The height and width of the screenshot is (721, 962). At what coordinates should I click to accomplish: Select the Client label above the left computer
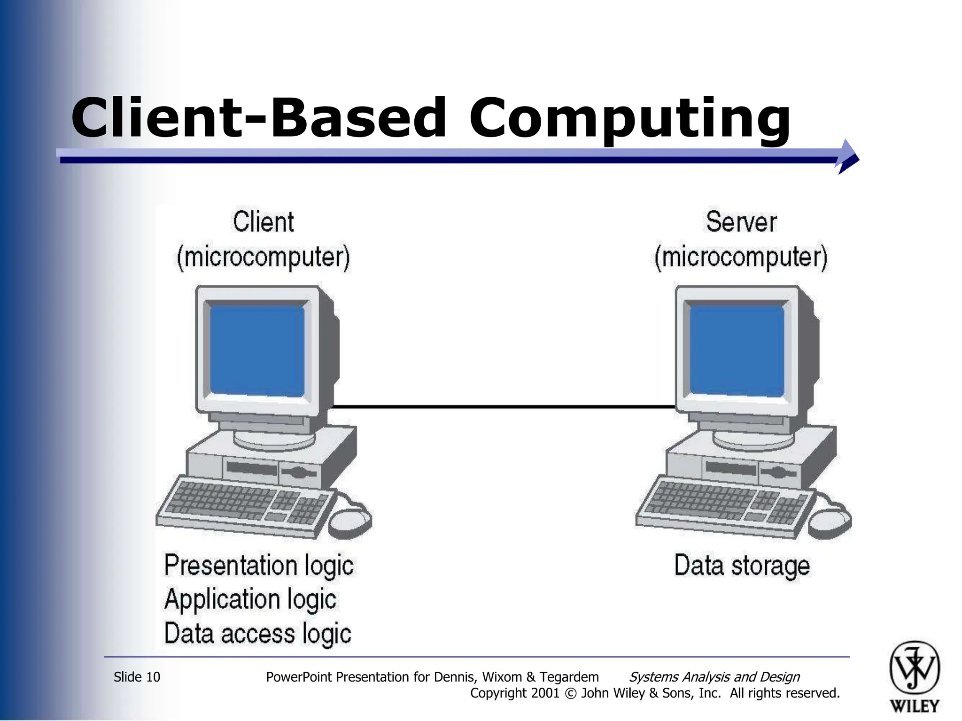point(264,222)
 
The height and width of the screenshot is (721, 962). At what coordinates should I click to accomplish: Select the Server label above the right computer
point(741,222)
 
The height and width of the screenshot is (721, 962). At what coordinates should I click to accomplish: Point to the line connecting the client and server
point(503,407)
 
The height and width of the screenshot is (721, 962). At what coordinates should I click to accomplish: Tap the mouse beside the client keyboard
point(349,521)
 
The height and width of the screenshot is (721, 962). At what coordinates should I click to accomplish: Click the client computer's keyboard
point(244,507)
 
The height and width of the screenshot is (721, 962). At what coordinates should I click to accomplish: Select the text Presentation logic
point(259,565)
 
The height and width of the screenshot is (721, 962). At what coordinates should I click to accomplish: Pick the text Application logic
point(250,599)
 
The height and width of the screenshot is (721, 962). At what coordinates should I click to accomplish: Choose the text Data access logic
point(257,634)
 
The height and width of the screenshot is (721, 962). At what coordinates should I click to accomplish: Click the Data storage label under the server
point(742,566)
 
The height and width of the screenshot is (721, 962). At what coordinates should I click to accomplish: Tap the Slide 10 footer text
point(137,677)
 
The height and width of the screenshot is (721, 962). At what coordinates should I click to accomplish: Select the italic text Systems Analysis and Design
point(714,677)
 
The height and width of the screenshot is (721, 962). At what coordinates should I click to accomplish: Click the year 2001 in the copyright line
point(545,693)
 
